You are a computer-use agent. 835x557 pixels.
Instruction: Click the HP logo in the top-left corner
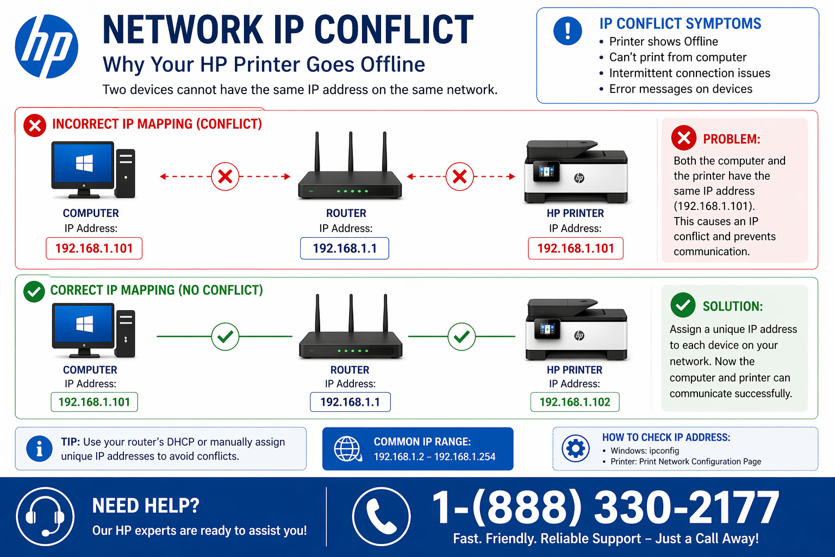coord(47,47)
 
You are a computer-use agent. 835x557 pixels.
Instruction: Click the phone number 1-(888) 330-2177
coord(605,508)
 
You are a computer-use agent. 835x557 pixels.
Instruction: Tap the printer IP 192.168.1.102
coord(575,402)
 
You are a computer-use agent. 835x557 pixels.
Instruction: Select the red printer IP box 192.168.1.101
coord(576,249)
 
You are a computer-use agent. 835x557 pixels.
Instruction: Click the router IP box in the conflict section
coord(345,249)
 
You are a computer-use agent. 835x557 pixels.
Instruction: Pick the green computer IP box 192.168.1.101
coord(94,402)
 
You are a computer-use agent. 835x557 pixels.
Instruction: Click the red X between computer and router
coord(225,176)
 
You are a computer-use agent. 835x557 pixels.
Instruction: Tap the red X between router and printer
coord(459,176)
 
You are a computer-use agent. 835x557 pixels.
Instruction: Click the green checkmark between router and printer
coord(462,337)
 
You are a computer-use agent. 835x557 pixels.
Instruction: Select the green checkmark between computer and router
coord(225,337)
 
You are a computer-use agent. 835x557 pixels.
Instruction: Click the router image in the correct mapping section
coord(351,332)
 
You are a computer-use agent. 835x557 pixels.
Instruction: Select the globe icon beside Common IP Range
coord(347,449)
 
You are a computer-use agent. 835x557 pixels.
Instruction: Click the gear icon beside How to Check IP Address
coord(575,449)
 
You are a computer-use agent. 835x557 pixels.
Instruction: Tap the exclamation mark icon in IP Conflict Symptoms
coord(568,30)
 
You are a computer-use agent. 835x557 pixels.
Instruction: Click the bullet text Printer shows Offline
coord(663,41)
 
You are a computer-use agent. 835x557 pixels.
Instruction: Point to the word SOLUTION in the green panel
coord(732,306)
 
